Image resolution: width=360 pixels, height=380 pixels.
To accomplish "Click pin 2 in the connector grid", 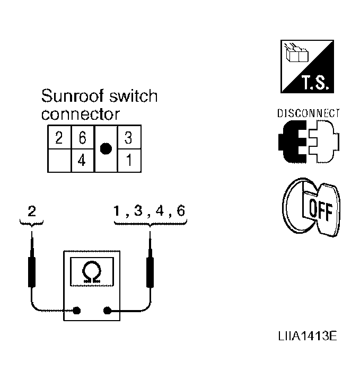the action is pyautogui.click(x=59, y=138).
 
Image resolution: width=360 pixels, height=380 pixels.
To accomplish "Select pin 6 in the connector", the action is pyautogui.click(x=82, y=138).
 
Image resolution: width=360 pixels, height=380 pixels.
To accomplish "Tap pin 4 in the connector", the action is pyautogui.click(x=82, y=160).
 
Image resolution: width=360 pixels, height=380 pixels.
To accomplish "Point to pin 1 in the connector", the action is pyautogui.click(x=129, y=160).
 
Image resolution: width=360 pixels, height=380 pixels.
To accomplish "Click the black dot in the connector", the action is pyautogui.click(x=106, y=148).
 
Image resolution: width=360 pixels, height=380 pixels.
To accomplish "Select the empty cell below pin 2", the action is pyautogui.click(x=59, y=161).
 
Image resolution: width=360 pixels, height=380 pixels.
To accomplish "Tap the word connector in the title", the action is pyautogui.click(x=81, y=114).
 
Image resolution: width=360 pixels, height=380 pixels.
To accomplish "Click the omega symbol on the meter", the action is pyautogui.click(x=92, y=272).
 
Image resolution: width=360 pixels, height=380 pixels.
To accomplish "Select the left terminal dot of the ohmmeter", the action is pyautogui.click(x=76, y=311).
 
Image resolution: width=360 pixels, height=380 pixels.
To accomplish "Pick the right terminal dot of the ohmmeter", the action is pyautogui.click(x=107, y=311).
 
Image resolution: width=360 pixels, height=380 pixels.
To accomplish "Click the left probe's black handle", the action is pyautogui.click(x=32, y=272).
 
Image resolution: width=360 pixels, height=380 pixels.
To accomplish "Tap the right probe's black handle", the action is pyautogui.click(x=150, y=272).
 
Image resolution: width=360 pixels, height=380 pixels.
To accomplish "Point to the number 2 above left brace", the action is pyautogui.click(x=32, y=211).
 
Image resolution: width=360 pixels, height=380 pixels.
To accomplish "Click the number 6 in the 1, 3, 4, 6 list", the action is pyautogui.click(x=181, y=210).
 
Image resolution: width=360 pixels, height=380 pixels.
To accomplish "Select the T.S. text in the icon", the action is pyautogui.click(x=315, y=82).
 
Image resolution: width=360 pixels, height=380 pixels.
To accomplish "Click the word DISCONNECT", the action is pyautogui.click(x=309, y=113).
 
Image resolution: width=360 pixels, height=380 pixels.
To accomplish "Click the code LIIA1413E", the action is pyautogui.click(x=308, y=336).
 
